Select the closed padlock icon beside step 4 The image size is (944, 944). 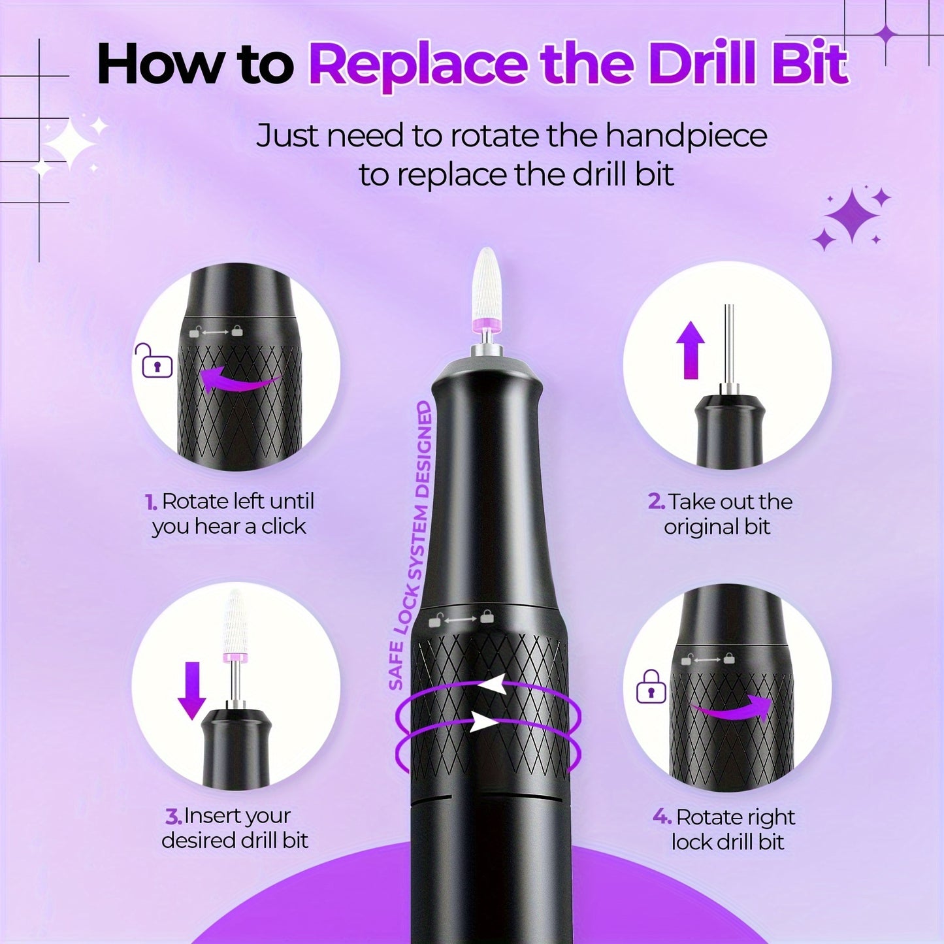click(651, 687)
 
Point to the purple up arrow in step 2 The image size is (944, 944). click(691, 350)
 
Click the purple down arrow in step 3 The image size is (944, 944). click(192, 690)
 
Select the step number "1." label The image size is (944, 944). click(151, 502)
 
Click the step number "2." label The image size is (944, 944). click(656, 502)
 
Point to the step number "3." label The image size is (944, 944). click(172, 817)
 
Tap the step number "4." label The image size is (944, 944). click(662, 817)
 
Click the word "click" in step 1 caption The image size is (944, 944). click(284, 527)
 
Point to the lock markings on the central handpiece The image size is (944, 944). click(461, 618)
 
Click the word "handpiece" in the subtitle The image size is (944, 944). click(685, 136)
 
